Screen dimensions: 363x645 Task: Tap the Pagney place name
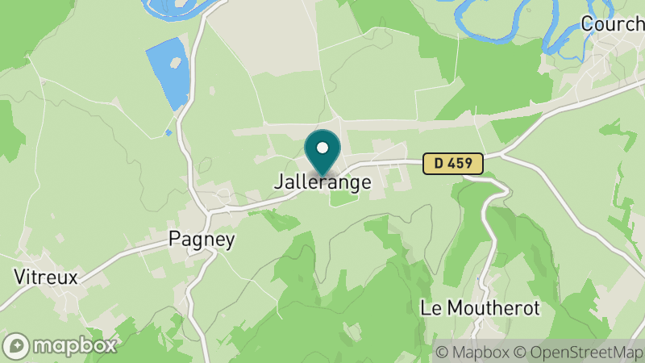coord(202,240)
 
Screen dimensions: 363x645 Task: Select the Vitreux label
coord(46,277)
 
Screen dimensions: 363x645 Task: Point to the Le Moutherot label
coord(480,308)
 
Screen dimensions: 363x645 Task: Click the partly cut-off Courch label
coord(613,24)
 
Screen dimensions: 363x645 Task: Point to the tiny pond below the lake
coord(168,132)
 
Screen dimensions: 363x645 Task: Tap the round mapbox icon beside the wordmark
coord(16,346)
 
